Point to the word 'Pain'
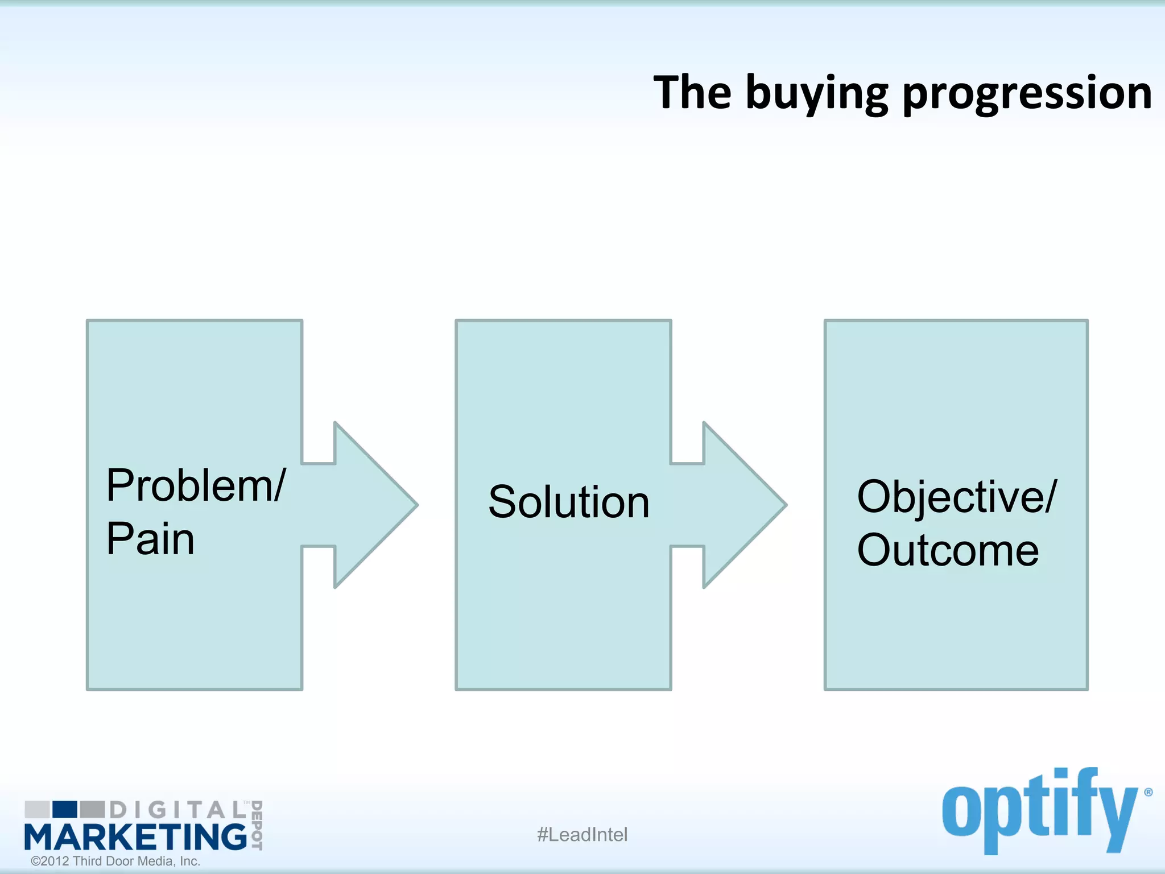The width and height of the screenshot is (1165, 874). [x=151, y=539]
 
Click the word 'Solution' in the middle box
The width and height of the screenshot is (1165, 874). [x=568, y=502]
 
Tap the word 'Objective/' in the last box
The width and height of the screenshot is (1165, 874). [x=957, y=497]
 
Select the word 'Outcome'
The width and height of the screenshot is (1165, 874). [x=948, y=550]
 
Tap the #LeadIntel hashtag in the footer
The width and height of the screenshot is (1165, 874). [x=582, y=835]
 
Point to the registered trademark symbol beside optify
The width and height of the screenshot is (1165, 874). [x=1148, y=792]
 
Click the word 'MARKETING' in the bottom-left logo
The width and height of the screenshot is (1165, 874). [x=135, y=837]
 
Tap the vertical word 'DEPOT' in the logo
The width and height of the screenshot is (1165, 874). [x=257, y=825]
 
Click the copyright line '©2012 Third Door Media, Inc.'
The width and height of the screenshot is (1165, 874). [x=115, y=861]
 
